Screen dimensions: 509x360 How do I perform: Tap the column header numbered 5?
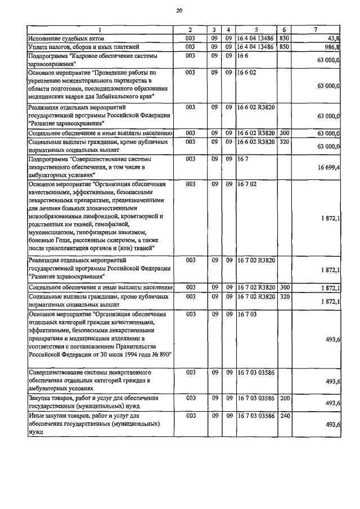pos(256,29)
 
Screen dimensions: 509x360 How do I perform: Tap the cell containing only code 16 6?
pos(243,56)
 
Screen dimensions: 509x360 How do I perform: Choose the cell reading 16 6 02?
pos(247,73)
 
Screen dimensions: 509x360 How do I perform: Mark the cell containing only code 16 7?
pos(243,160)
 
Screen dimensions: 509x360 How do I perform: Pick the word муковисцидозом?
pos(53,232)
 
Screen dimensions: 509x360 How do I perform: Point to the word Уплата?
pos(39,47)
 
